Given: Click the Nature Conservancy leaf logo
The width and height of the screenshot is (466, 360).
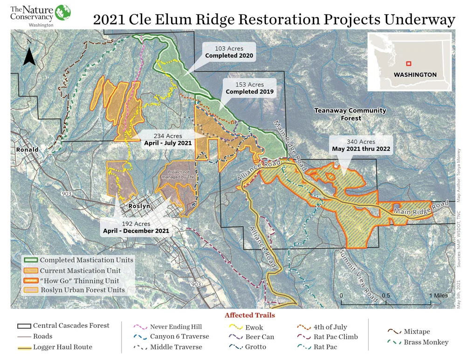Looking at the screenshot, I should [62, 13].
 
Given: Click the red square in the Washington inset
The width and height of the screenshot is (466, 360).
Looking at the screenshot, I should [408, 64].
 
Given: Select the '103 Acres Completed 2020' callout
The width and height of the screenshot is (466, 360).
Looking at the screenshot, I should [229, 52].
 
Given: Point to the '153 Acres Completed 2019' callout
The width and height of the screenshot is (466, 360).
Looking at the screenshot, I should [249, 88].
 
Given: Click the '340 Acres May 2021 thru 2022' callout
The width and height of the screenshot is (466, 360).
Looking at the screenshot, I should [361, 145].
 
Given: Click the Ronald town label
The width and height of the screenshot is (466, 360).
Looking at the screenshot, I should [27, 150].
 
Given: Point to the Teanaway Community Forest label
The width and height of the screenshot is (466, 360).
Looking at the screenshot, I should [350, 114].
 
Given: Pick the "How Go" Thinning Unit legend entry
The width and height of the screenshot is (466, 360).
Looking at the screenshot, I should [79, 281].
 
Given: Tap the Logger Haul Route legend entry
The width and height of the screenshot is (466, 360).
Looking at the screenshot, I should [62, 347].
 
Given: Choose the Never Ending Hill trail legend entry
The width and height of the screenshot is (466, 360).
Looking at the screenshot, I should [176, 327].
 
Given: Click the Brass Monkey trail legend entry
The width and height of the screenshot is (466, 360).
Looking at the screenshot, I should [426, 342].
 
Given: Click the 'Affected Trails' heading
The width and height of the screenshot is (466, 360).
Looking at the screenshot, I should [249, 315].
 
